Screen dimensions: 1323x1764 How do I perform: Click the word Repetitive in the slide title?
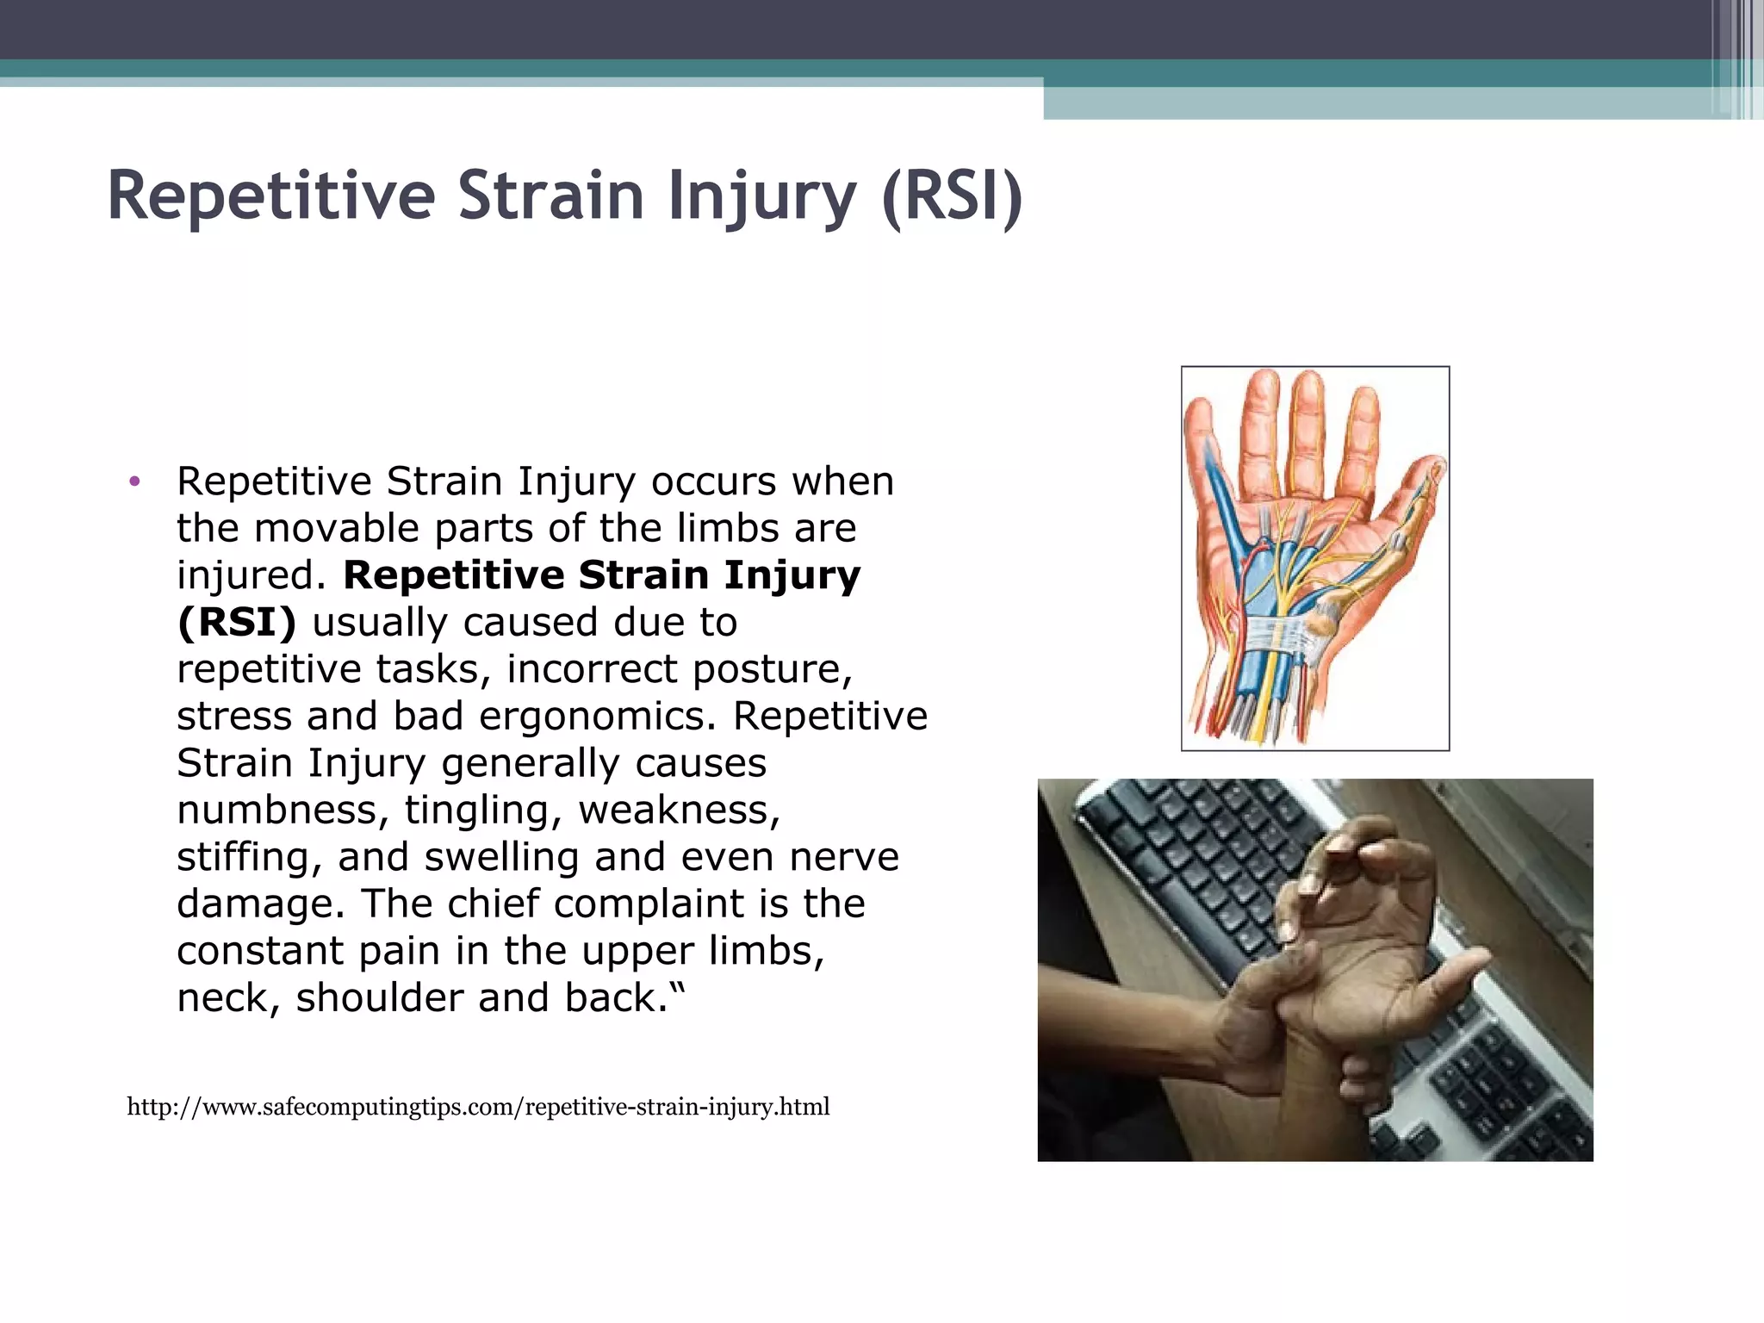pos(271,196)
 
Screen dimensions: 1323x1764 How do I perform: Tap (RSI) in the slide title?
pos(952,196)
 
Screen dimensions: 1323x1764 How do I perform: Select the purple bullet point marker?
pos(134,481)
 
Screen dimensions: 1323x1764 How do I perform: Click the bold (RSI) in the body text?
pos(236,623)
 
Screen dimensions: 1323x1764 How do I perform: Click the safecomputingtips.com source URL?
pos(478,1107)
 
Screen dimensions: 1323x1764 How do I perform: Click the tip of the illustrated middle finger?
pos(1307,383)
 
